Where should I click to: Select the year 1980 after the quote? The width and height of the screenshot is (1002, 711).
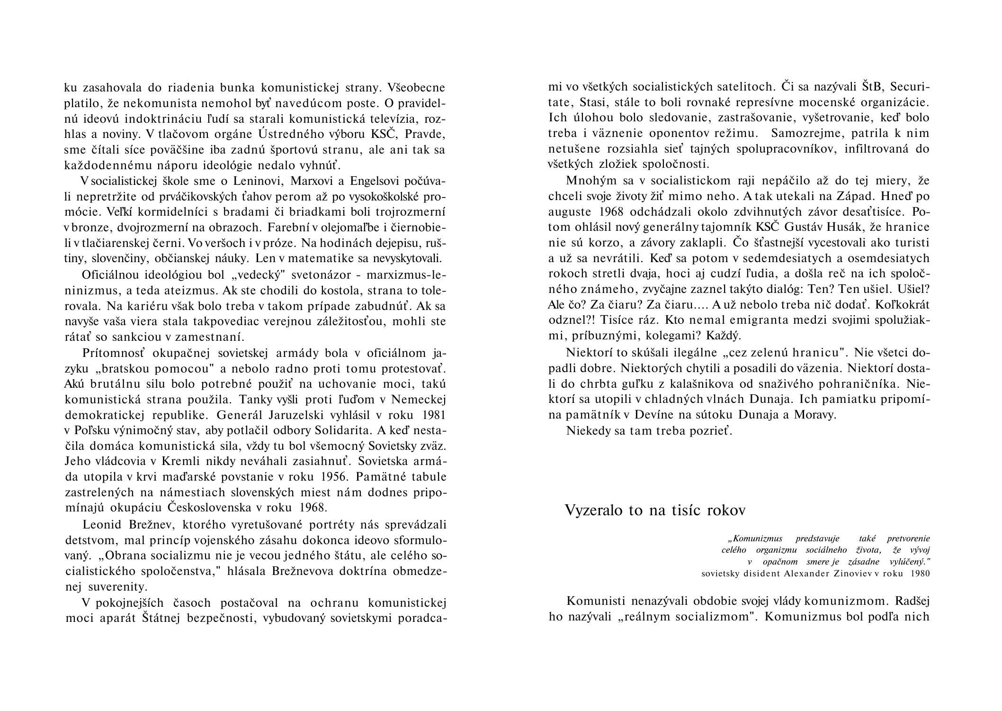click(921, 574)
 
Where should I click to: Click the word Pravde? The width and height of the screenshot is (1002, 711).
click(425, 135)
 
